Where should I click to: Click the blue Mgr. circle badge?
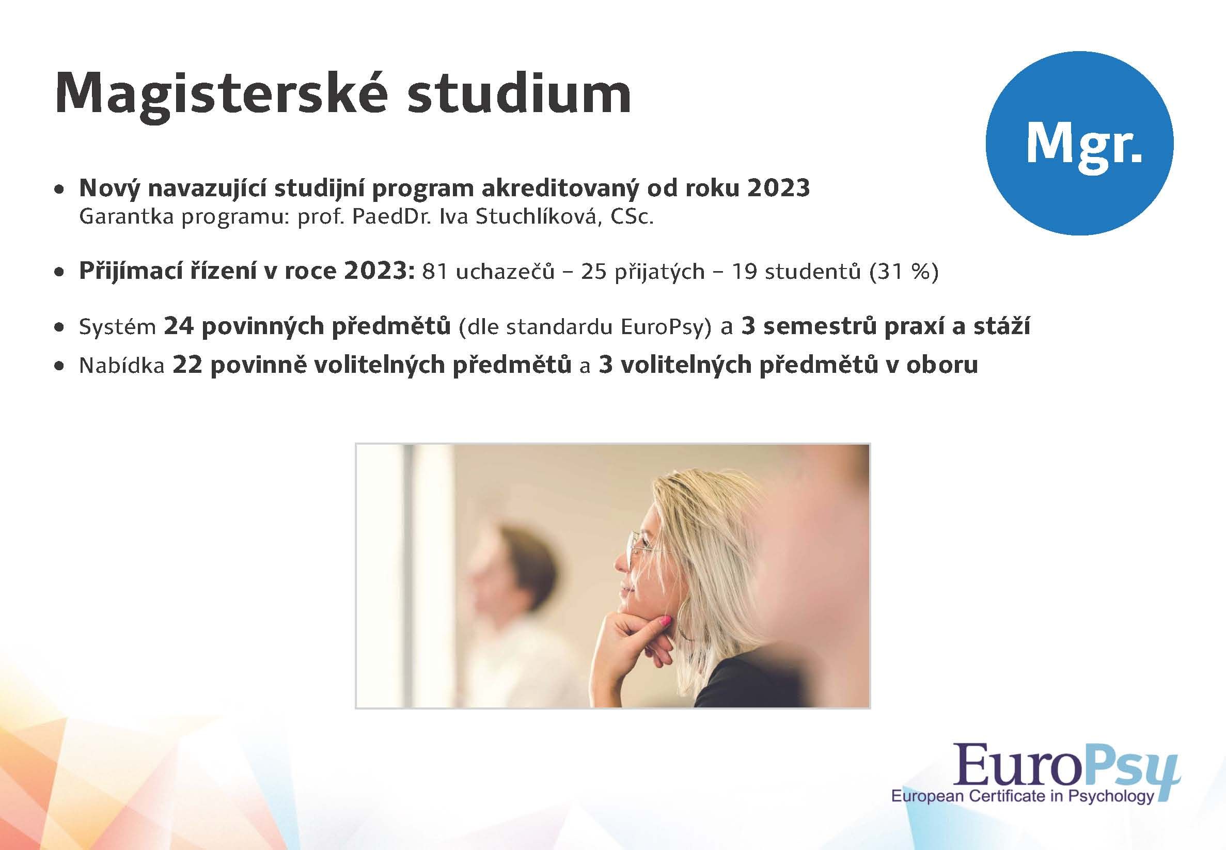(x=1079, y=141)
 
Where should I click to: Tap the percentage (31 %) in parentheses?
(x=903, y=272)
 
